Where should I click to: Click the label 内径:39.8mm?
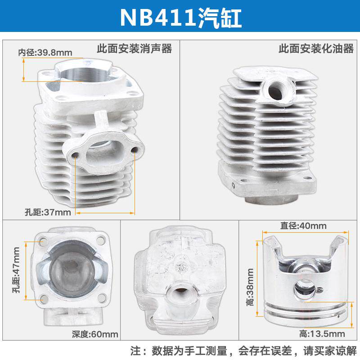point(45,52)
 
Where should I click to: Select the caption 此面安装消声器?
point(135,49)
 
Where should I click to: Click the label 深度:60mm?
point(95,334)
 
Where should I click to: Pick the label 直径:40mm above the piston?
point(297,226)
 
